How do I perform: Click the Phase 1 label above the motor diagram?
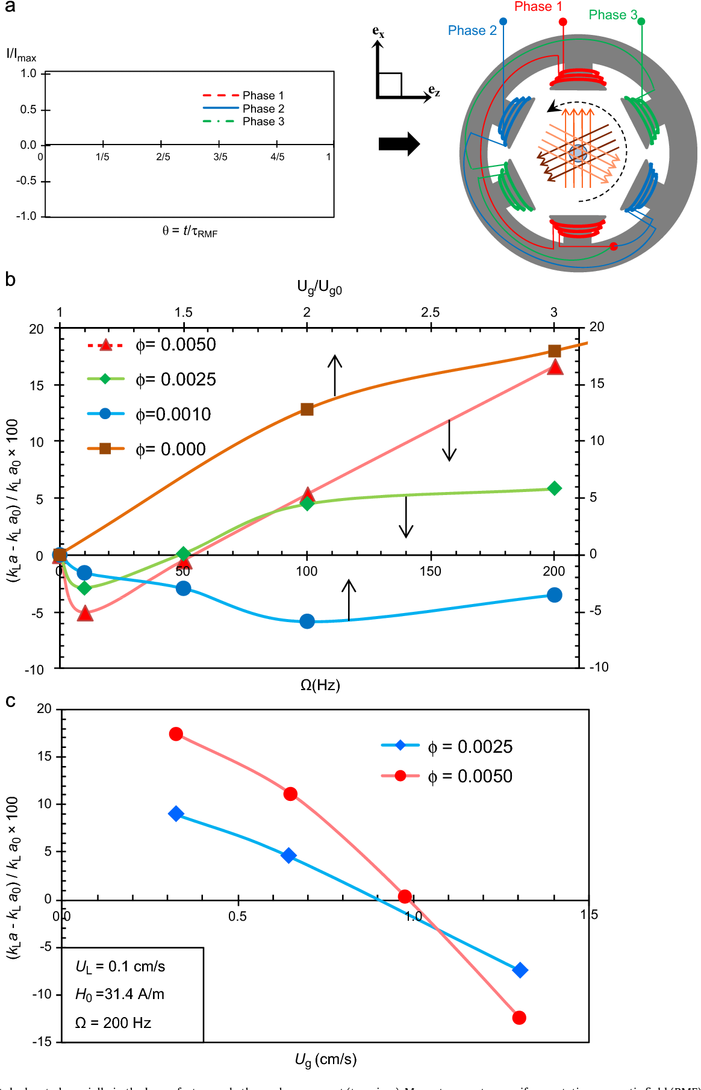[538, 7]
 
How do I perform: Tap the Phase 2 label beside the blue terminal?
[472, 31]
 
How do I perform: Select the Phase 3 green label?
[612, 15]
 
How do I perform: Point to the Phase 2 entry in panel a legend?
[263, 109]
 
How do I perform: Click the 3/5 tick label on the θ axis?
[220, 157]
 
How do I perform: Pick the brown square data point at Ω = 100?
[307, 410]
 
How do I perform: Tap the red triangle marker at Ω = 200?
[555, 367]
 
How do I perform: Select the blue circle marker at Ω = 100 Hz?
[307, 621]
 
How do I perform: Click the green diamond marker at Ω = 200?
[555, 488]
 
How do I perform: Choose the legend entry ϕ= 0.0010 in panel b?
[173, 414]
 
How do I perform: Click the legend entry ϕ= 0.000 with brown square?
[170, 449]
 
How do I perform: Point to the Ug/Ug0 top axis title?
[319, 288]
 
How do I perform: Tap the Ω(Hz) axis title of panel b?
[320, 685]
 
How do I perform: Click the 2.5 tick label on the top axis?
[430, 313]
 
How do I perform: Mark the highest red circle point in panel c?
[176, 734]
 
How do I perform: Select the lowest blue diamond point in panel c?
[520, 970]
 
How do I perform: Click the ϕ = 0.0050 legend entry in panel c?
[470, 776]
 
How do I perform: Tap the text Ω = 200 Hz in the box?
[113, 1023]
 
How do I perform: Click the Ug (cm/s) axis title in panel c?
[325, 1060]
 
